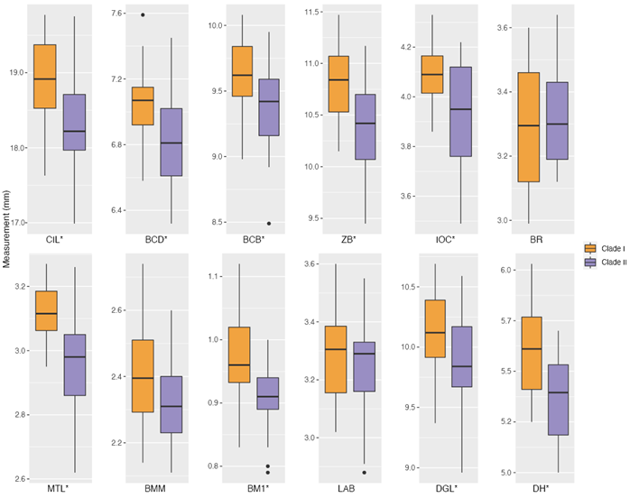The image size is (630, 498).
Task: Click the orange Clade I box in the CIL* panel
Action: click(45, 77)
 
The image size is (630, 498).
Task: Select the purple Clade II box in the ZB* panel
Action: click(366, 127)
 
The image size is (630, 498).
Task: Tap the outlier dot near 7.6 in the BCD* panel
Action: click(144, 14)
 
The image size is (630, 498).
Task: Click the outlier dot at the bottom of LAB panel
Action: click(366, 472)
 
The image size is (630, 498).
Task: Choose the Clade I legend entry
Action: click(605, 247)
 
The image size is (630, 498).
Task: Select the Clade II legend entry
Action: click(605, 262)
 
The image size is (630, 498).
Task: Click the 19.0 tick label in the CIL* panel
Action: click(17, 73)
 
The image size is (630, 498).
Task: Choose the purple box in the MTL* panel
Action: click(75, 364)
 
